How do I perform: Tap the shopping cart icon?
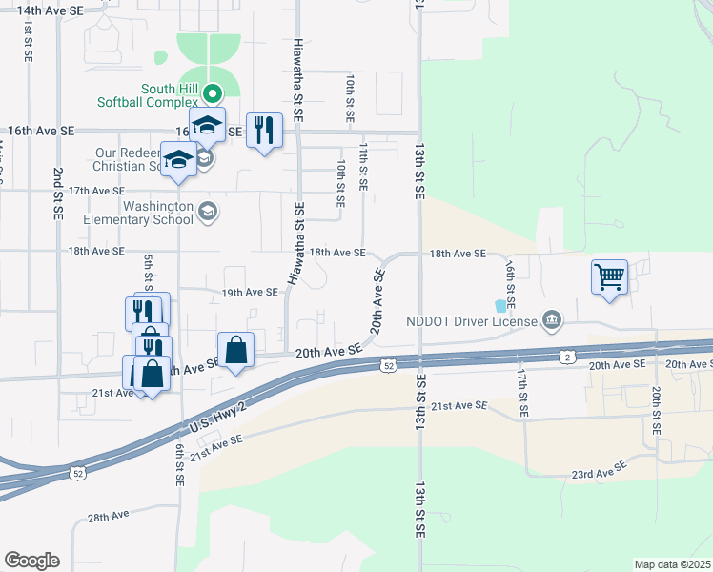point(610,276)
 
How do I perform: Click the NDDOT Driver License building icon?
point(552,319)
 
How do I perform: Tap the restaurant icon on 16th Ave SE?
point(265,129)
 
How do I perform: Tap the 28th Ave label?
point(108,516)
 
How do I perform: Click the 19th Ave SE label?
point(249,293)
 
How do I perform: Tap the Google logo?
point(31,561)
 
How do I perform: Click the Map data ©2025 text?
point(673,564)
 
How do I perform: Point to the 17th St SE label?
point(522,394)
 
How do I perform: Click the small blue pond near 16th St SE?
point(501,306)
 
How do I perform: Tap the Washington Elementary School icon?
point(208,211)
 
